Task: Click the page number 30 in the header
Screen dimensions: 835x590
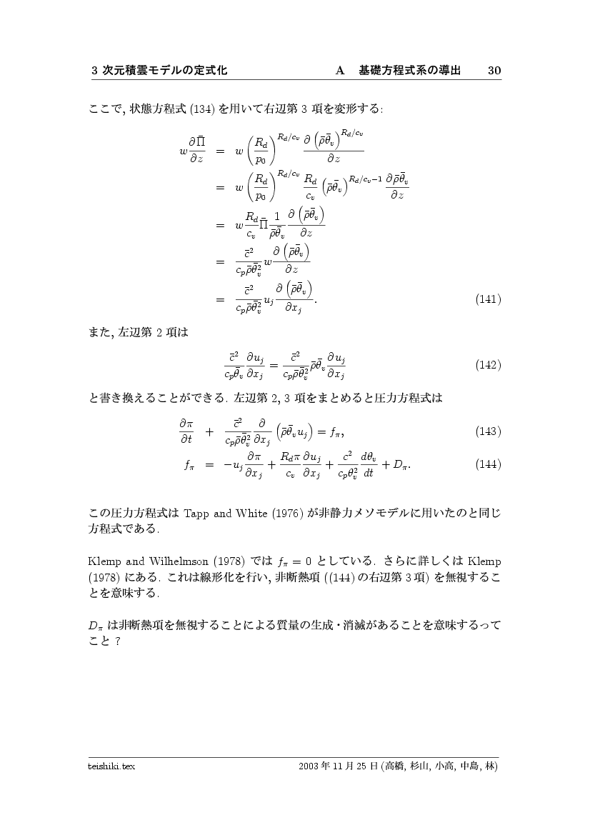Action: click(x=494, y=70)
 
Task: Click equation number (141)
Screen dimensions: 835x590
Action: click(x=488, y=299)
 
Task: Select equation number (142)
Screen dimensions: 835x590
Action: click(x=488, y=365)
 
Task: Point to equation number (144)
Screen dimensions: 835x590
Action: click(x=488, y=464)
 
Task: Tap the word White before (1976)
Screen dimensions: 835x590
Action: click(x=247, y=513)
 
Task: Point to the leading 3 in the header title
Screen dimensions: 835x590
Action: click(x=95, y=70)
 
